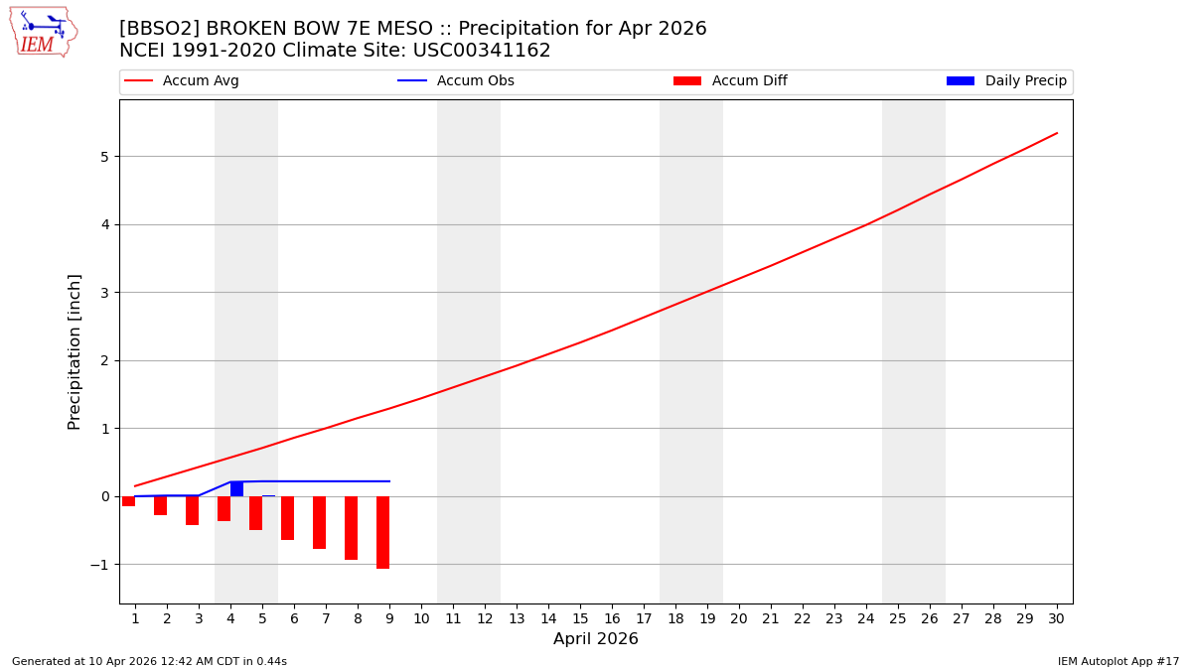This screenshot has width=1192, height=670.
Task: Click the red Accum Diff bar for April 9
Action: pos(382,532)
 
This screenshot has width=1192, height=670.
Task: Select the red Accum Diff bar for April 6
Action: pos(287,518)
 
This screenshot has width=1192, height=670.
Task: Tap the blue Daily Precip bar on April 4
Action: pos(236,488)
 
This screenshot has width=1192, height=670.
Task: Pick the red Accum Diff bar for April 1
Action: pos(128,501)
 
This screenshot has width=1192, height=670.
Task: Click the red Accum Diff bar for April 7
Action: pos(319,522)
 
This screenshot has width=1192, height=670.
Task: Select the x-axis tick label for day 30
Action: pos(1056,618)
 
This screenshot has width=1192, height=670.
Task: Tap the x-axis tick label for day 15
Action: pos(580,618)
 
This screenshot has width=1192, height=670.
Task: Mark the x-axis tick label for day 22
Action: pos(803,618)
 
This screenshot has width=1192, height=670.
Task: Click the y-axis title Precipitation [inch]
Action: pos(74,351)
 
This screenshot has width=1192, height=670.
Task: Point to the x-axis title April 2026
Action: pos(596,639)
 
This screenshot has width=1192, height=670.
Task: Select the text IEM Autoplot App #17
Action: pos(1118,661)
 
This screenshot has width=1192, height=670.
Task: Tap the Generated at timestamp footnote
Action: pos(149,661)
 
